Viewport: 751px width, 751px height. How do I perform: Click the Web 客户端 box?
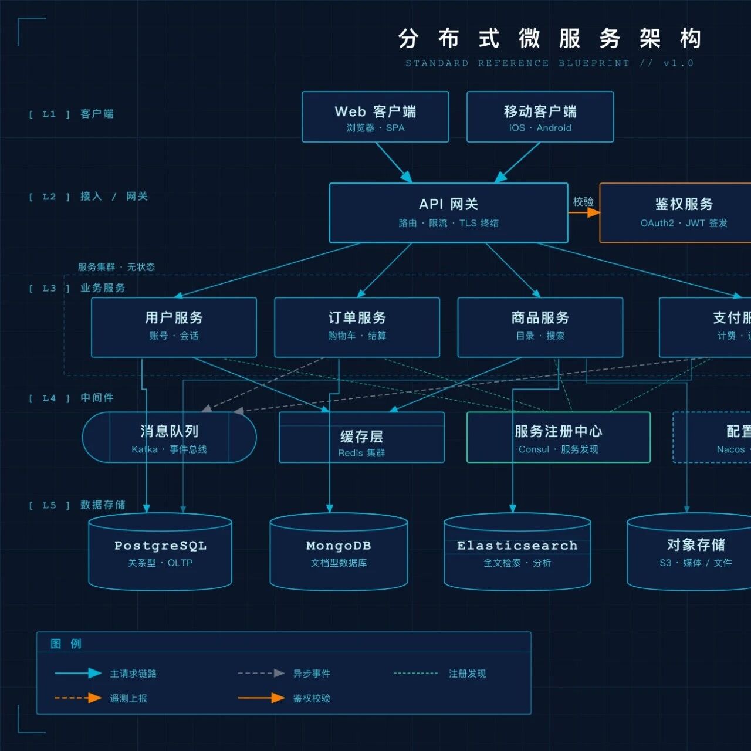click(375, 117)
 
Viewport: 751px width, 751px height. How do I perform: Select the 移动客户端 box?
click(540, 117)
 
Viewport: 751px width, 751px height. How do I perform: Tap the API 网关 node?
click(449, 212)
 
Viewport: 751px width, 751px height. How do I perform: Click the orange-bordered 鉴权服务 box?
click(681, 212)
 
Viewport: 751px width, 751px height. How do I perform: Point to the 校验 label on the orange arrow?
click(583, 201)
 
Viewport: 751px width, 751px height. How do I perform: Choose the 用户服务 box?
click(174, 327)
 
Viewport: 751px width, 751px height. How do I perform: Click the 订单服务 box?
click(357, 327)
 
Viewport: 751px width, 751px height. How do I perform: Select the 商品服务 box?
click(540, 327)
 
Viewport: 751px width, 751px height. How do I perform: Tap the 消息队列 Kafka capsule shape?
click(169, 437)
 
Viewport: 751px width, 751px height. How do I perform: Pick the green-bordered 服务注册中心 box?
click(558, 437)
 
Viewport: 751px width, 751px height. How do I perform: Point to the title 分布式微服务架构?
click(550, 39)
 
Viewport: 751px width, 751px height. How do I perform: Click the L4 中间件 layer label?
click(97, 398)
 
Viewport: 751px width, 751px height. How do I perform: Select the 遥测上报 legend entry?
click(128, 698)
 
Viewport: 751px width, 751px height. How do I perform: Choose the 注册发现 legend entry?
click(467, 674)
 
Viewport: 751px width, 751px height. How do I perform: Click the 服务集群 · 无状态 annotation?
click(116, 267)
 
